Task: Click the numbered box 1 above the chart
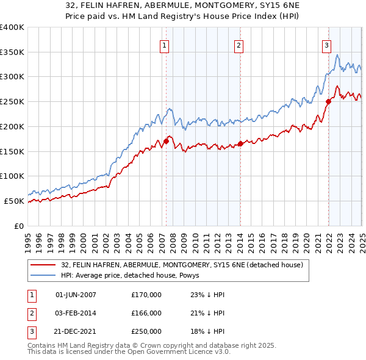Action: (165, 45)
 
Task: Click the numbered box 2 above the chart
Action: (239, 45)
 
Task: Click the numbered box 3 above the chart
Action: (327, 45)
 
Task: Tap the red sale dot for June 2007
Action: (166, 142)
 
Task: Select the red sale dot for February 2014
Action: (240, 143)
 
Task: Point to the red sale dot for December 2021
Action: (328, 102)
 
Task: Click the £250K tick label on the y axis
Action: (12, 101)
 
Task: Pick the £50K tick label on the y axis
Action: (14, 201)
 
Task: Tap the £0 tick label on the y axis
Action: (20, 226)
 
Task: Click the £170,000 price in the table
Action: (146, 295)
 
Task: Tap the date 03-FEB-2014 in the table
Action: (76, 314)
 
